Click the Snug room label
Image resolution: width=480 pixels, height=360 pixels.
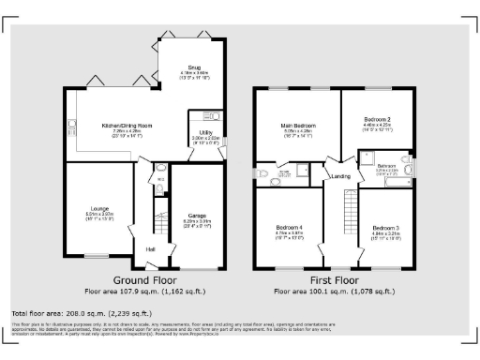tap(194, 68)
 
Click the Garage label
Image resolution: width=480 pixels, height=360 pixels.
tap(197, 215)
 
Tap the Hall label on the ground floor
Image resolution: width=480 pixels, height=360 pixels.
tap(150, 248)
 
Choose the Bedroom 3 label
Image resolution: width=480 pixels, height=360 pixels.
tap(385, 228)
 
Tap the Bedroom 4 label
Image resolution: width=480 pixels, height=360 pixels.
tap(289, 228)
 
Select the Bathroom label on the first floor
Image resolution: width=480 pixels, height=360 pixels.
tap(387, 166)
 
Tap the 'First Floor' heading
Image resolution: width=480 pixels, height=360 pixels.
tap(335, 280)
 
